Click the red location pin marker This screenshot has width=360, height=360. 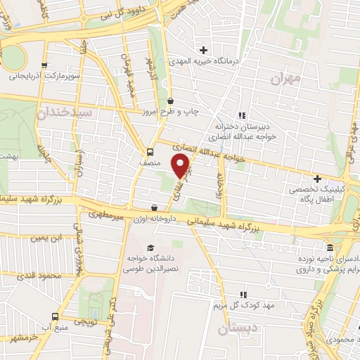(181, 166)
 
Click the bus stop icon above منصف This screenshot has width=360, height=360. (149, 151)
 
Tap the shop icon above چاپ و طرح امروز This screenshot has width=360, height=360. (171, 101)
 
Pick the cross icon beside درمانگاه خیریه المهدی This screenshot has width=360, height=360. (204, 50)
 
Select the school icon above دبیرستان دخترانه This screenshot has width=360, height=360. (242, 115)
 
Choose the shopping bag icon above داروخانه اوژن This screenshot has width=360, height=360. (154, 207)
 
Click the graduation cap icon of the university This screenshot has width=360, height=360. (149, 247)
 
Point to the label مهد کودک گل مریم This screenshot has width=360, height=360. (240, 305)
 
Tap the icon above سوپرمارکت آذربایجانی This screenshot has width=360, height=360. (45, 66)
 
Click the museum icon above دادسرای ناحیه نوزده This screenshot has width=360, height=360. (330, 248)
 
